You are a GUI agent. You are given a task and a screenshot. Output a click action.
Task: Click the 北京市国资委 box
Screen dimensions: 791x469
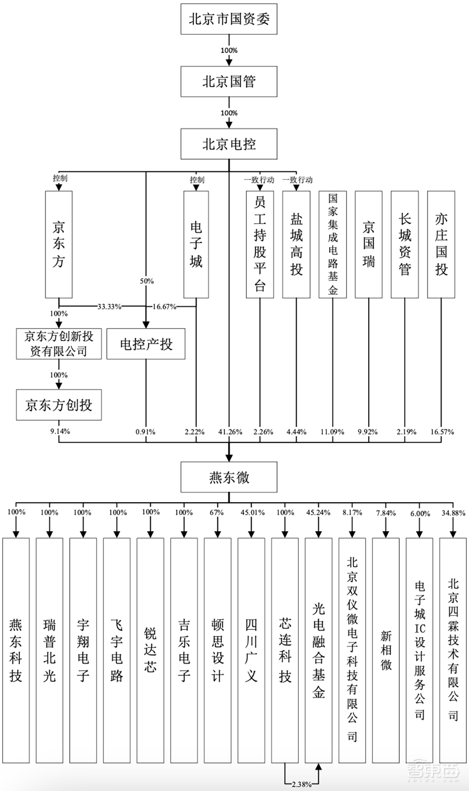(229, 19)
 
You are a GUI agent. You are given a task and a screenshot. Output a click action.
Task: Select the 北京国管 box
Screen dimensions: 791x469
(229, 82)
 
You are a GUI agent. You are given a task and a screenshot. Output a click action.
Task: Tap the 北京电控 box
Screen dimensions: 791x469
(229, 144)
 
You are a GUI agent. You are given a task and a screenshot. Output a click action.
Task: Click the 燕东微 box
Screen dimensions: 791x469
(229, 477)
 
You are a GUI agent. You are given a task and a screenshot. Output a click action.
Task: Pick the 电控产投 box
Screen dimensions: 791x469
(146, 344)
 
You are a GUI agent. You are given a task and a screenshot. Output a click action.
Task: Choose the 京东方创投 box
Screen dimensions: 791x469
(59, 405)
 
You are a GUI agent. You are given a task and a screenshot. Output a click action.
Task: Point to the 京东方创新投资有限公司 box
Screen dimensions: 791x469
(59, 344)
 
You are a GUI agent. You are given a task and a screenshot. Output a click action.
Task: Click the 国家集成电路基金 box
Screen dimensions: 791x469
(333, 244)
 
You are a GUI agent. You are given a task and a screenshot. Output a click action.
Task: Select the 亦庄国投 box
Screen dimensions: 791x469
(441, 244)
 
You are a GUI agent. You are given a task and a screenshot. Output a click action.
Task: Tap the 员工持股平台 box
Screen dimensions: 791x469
(260, 244)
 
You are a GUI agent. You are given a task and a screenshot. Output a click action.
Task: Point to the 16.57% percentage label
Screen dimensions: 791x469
(442, 432)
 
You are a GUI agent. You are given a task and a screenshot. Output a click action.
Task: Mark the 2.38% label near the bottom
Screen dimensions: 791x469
(302, 784)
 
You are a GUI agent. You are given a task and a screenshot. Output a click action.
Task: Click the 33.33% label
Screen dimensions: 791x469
(109, 307)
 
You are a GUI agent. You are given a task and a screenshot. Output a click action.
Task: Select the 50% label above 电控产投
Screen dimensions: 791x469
(147, 281)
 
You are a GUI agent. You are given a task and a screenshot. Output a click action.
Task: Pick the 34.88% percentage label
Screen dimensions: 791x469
(453, 513)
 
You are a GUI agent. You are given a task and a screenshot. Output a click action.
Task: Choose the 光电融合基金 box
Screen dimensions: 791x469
(318, 651)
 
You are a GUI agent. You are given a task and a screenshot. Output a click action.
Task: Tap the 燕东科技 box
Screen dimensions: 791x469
(16, 651)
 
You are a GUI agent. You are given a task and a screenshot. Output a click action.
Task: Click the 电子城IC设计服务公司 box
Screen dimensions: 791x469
(419, 651)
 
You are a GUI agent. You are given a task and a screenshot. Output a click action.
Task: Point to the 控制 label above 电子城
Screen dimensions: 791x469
(197, 180)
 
